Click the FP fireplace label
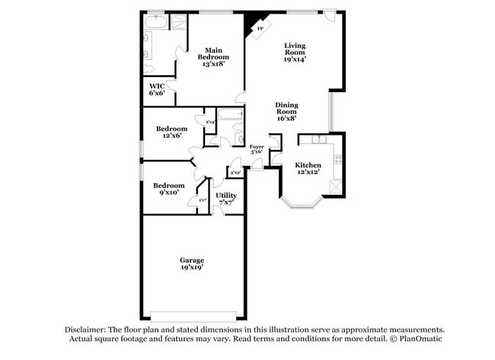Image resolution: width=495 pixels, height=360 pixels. point(260,29)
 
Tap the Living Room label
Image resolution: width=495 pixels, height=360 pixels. point(295,52)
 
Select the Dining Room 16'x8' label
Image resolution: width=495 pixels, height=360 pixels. point(286,112)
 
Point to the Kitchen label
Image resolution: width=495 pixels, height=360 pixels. point(308,168)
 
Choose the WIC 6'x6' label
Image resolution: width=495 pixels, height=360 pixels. point(157,90)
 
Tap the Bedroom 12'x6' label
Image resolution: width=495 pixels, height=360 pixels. point(171,132)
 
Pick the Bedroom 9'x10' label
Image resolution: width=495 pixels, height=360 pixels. point(168,189)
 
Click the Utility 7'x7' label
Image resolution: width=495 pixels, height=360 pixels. point(226,199)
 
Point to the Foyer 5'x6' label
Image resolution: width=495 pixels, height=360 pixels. point(257,149)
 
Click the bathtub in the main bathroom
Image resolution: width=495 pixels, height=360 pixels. point(155,21)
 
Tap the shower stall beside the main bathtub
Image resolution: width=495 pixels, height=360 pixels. point(178,21)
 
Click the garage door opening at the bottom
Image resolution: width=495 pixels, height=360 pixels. point(192,315)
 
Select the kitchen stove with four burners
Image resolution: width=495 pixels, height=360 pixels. point(337,161)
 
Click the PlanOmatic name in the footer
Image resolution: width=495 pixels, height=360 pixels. point(420,339)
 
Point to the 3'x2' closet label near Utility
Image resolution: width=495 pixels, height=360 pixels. point(235,174)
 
